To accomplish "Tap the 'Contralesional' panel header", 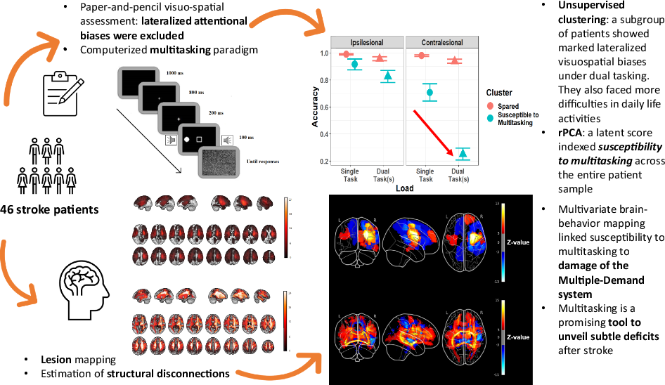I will [442, 42].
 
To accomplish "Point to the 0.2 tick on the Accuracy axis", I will [325, 162].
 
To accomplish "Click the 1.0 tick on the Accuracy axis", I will [325, 53].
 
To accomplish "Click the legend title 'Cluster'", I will [499, 92].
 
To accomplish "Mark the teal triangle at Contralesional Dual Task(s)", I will [462, 153].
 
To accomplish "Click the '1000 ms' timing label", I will [176, 72].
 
